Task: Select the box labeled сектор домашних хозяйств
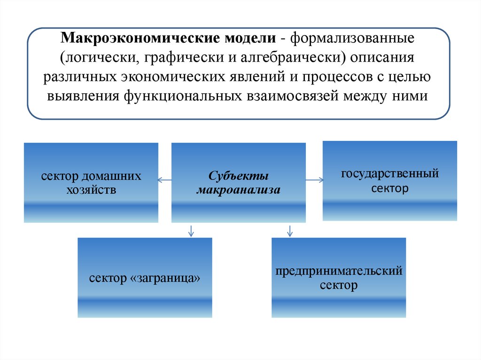(x=91, y=183)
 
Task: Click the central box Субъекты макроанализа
(x=238, y=183)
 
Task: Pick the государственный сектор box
(x=389, y=181)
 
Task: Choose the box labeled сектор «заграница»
(x=145, y=277)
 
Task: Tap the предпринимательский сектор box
(x=339, y=277)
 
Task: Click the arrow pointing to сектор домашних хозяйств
(x=164, y=180)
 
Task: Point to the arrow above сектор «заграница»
(x=191, y=230)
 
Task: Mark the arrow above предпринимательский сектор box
(x=290, y=230)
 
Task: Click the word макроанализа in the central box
(x=238, y=190)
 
